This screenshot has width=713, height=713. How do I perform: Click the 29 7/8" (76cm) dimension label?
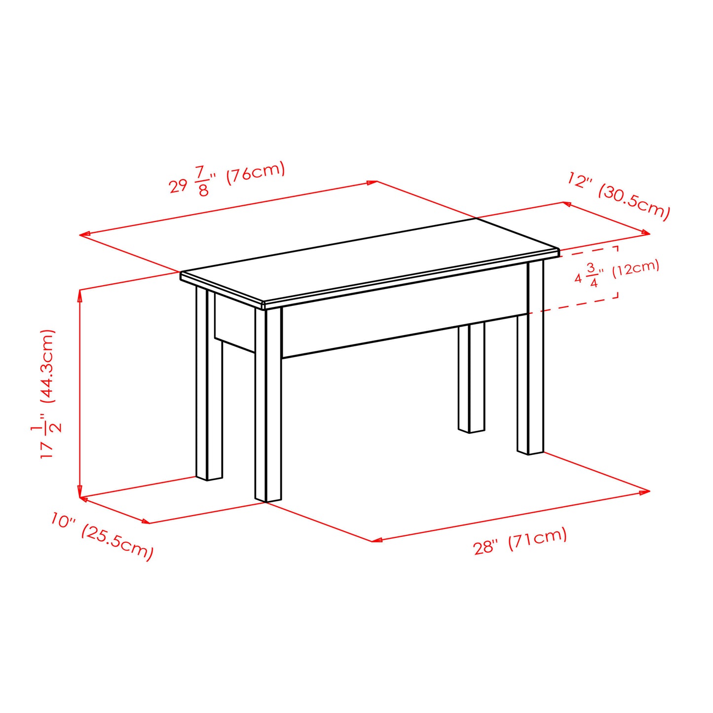(x=227, y=178)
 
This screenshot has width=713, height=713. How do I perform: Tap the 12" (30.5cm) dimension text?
(x=619, y=196)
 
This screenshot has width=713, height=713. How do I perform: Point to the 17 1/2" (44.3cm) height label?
(x=48, y=394)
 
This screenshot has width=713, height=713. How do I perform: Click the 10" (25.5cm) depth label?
(x=102, y=536)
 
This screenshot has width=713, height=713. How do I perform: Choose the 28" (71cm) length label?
(x=520, y=541)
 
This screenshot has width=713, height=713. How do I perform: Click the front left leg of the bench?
(x=268, y=405)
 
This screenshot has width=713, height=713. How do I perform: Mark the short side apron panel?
(x=235, y=326)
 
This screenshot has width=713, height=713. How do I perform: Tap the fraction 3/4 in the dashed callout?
(x=592, y=275)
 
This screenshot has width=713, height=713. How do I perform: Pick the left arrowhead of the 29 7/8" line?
(x=84, y=235)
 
